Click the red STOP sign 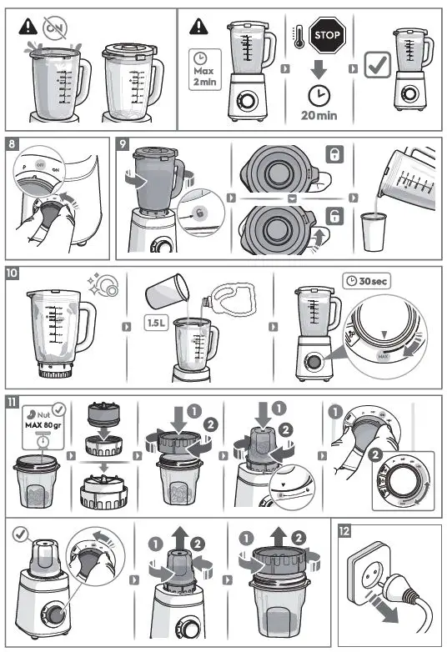tap(326, 35)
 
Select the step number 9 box tap(124, 143)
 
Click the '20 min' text tap(319, 115)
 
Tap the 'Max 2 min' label tap(203, 71)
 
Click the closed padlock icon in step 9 tap(334, 155)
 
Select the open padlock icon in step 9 tap(334, 217)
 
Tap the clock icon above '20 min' tap(319, 94)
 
